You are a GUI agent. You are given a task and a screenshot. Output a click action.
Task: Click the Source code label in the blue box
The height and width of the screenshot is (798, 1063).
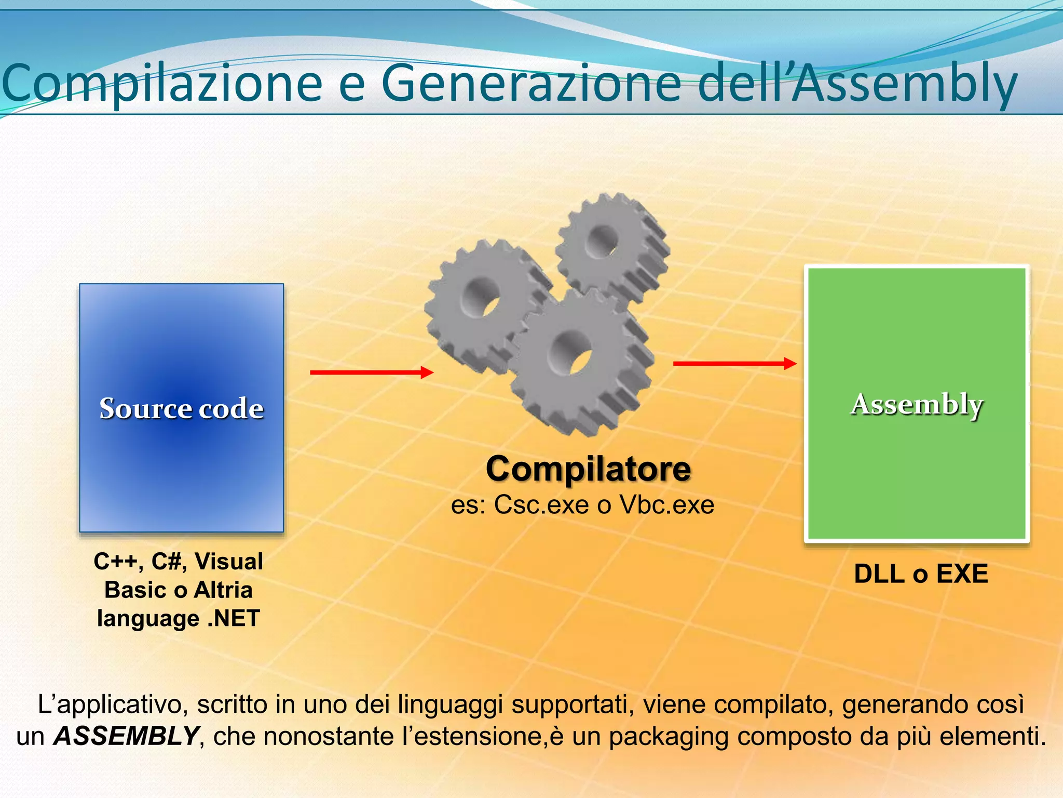pyautogui.click(x=181, y=408)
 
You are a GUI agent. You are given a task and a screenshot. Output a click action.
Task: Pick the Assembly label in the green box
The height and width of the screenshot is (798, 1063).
pyautogui.click(x=917, y=404)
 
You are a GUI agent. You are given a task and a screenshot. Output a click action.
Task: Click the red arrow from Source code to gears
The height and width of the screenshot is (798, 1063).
pyautogui.click(x=371, y=372)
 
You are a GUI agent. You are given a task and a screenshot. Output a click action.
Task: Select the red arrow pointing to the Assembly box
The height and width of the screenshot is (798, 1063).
pyautogui.click(x=734, y=364)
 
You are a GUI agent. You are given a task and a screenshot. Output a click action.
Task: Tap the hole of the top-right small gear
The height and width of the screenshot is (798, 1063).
pyautogui.click(x=602, y=242)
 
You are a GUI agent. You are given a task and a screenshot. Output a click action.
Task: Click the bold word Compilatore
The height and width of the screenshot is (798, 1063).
pyautogui.click(x=588, y=469)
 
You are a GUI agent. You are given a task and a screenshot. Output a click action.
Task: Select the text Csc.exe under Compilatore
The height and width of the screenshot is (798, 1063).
pyautogui.click(x=541, y=504)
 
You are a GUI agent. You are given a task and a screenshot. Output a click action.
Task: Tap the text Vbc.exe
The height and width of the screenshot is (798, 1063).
pyautogui.click(x=666, y=504)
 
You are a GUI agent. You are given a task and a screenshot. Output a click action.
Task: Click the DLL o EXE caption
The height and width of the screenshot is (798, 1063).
pyautogui.click(x=921, y=574)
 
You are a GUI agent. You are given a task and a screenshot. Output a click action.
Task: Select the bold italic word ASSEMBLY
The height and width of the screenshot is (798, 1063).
pyautogui.click(x=126, y=736)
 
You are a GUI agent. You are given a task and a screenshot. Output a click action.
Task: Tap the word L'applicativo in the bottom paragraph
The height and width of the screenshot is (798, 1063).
pyautogui.click(x=109, y=705)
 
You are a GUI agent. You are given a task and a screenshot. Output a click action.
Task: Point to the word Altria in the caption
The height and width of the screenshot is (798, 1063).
pyautogui.click(x=223, y=590)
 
